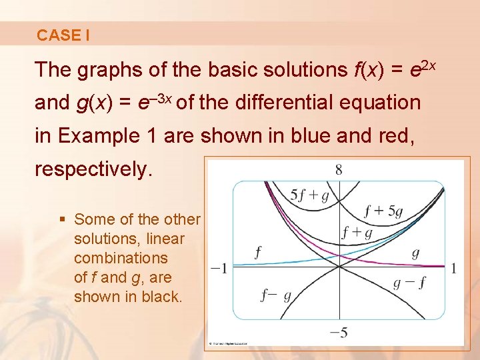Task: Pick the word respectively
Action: click(x=93, y=169)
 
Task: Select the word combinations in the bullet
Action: click(x=121, y=258)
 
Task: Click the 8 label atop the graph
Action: click(x=339, y=169)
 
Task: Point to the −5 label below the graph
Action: click(x=339, y=332)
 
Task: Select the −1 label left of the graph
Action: click(x=219, y=269)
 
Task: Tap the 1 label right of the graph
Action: click(x=453, y=269)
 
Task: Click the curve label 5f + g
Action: click(x=310, y=195)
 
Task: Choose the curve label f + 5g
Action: click(x=383, y=212)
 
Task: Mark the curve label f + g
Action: click(x=357, y=233)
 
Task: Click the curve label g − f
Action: click(x=409, y=283)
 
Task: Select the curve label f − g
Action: click(x=275, y=295)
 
